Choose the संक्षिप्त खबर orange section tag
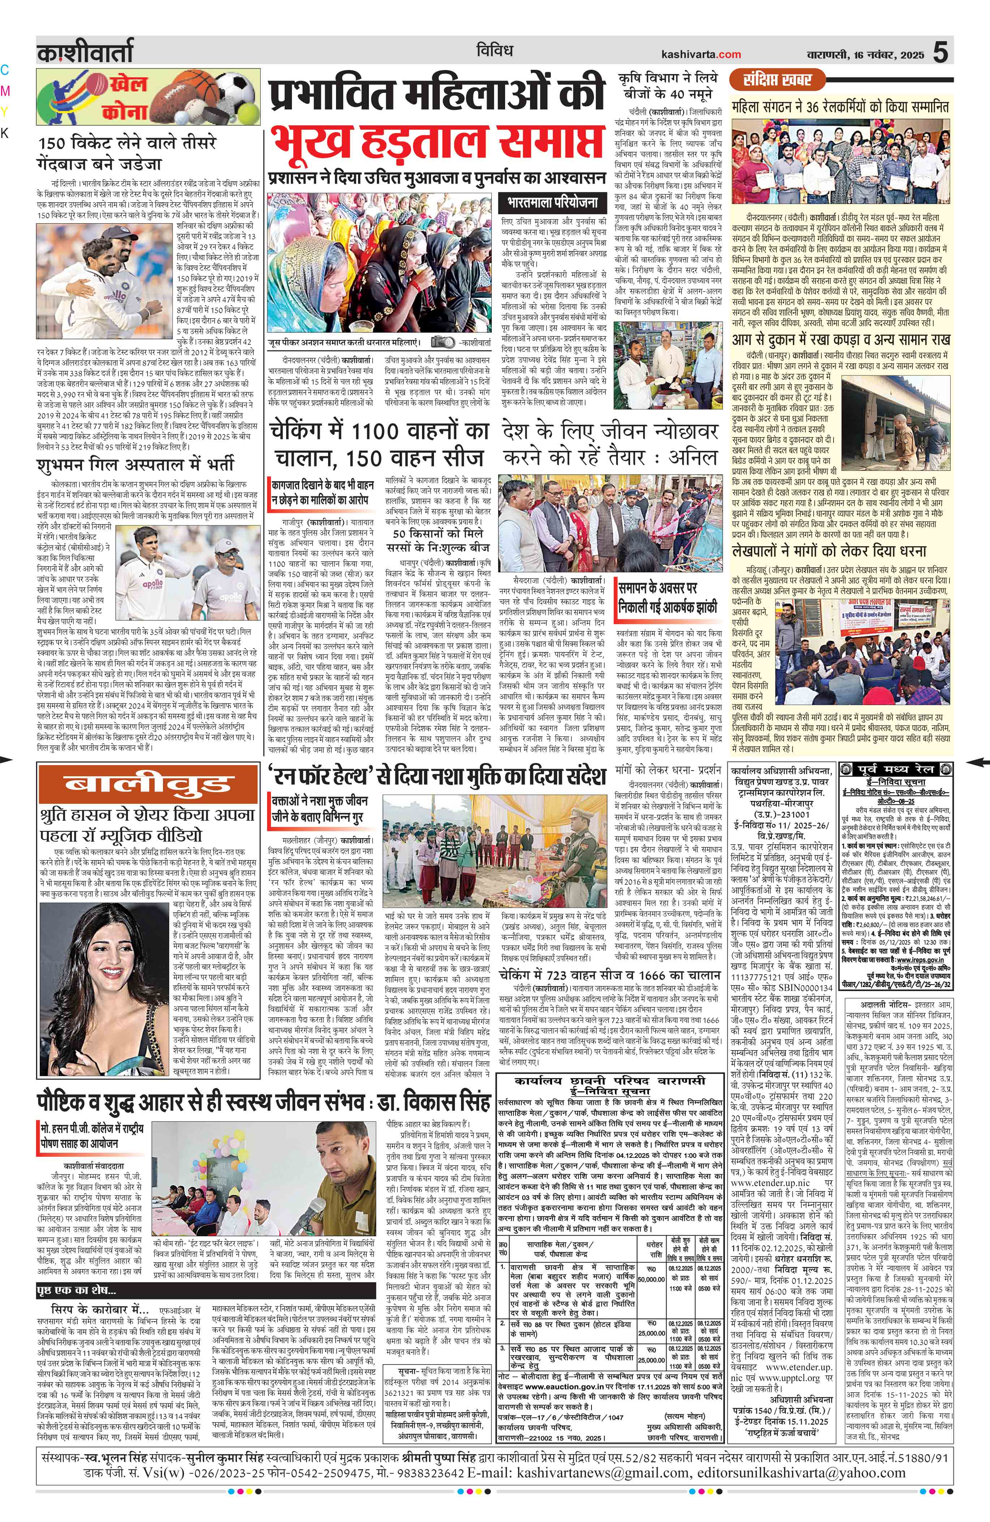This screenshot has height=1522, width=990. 777,80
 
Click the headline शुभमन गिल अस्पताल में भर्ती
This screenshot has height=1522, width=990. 135,463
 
